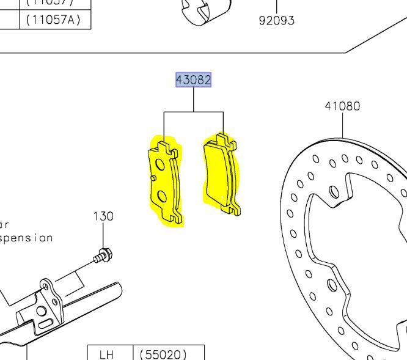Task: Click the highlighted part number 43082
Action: pos(194,80)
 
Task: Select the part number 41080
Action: pos(342,106)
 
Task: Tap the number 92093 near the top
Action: pos(276,20)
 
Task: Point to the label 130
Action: pos(103,216)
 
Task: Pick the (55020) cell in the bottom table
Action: pos(163,354)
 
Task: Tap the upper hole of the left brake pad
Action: pos(159,164)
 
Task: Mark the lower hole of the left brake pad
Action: pos(162,196)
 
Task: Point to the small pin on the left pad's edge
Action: pos(152,178)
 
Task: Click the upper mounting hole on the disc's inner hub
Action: pos(334,192)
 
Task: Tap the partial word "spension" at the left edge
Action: pos(26,238)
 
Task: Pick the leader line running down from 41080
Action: pos(342,125)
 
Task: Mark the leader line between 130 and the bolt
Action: pos(103,235)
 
